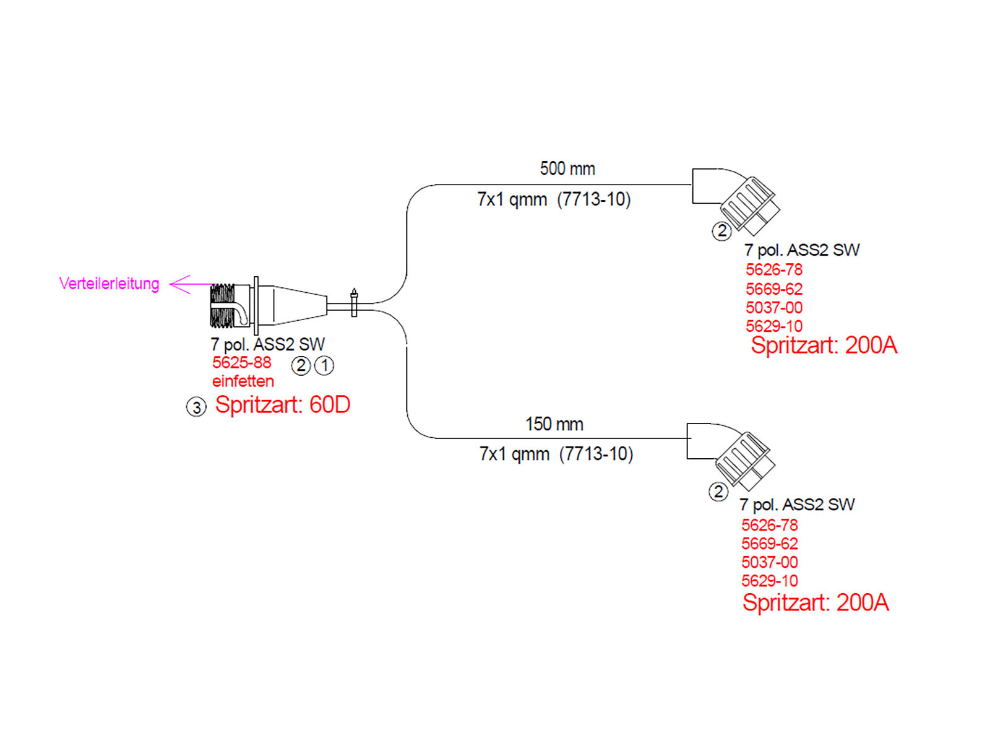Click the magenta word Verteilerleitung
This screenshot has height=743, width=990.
pyautogui.click(x=109, y=284)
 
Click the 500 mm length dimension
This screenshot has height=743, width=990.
pyautogui.click(x=567, y=168)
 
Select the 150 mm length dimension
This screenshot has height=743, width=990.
pyautogui.click(x=554, y=424)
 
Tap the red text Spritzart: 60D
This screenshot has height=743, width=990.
pyautogui.click(x=282, y=405)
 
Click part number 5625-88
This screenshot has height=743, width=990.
pyautogui.click(x=241, y=363)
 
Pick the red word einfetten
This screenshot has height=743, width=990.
pyautogui.click(x=243, y=381)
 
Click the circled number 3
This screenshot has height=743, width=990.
pyautogui.click(x=196, y=407)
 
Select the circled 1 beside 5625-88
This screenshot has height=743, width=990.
pyautogui.click(x=324, y=365)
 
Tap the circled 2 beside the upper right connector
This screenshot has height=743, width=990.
pyautogui.click(x=721, y=232)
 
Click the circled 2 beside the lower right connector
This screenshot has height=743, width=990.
pyautogui.click(x=718, y=492)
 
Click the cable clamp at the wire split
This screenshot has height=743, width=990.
pyautogui.click(x=354, y=303)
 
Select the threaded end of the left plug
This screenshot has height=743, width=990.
pyautogui.click(x=223, y=305)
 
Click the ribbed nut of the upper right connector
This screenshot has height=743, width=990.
pyautogui.click(x=746, y=201)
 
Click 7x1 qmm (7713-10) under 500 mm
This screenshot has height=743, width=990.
pyautogui.click(x=554, y=199)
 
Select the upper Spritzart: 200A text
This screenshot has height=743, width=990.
pyautogui.click(x=824, y=345)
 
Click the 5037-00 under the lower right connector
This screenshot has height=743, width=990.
pyautogui.click(x=769, y=562)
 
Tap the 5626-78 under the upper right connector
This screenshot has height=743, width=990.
pyautogui.click(x=773, y=270)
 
